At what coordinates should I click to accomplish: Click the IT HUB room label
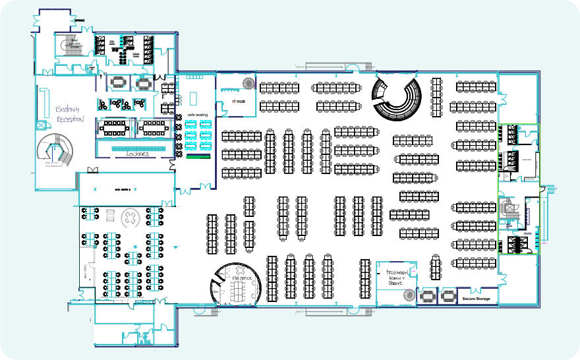(x=239, y=102)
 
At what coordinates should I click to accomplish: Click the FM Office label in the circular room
(x=238, y=279)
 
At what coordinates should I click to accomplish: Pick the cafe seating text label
(x=198, y=115)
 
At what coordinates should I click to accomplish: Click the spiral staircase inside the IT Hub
(x=248, y=83)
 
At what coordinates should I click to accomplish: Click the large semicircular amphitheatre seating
(x=395, y=98)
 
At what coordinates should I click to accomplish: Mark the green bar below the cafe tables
(x=198, y=157)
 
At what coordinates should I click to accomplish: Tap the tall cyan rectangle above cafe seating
(x=193, y=98)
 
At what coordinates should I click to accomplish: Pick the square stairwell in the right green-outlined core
(x=509, y=210)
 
